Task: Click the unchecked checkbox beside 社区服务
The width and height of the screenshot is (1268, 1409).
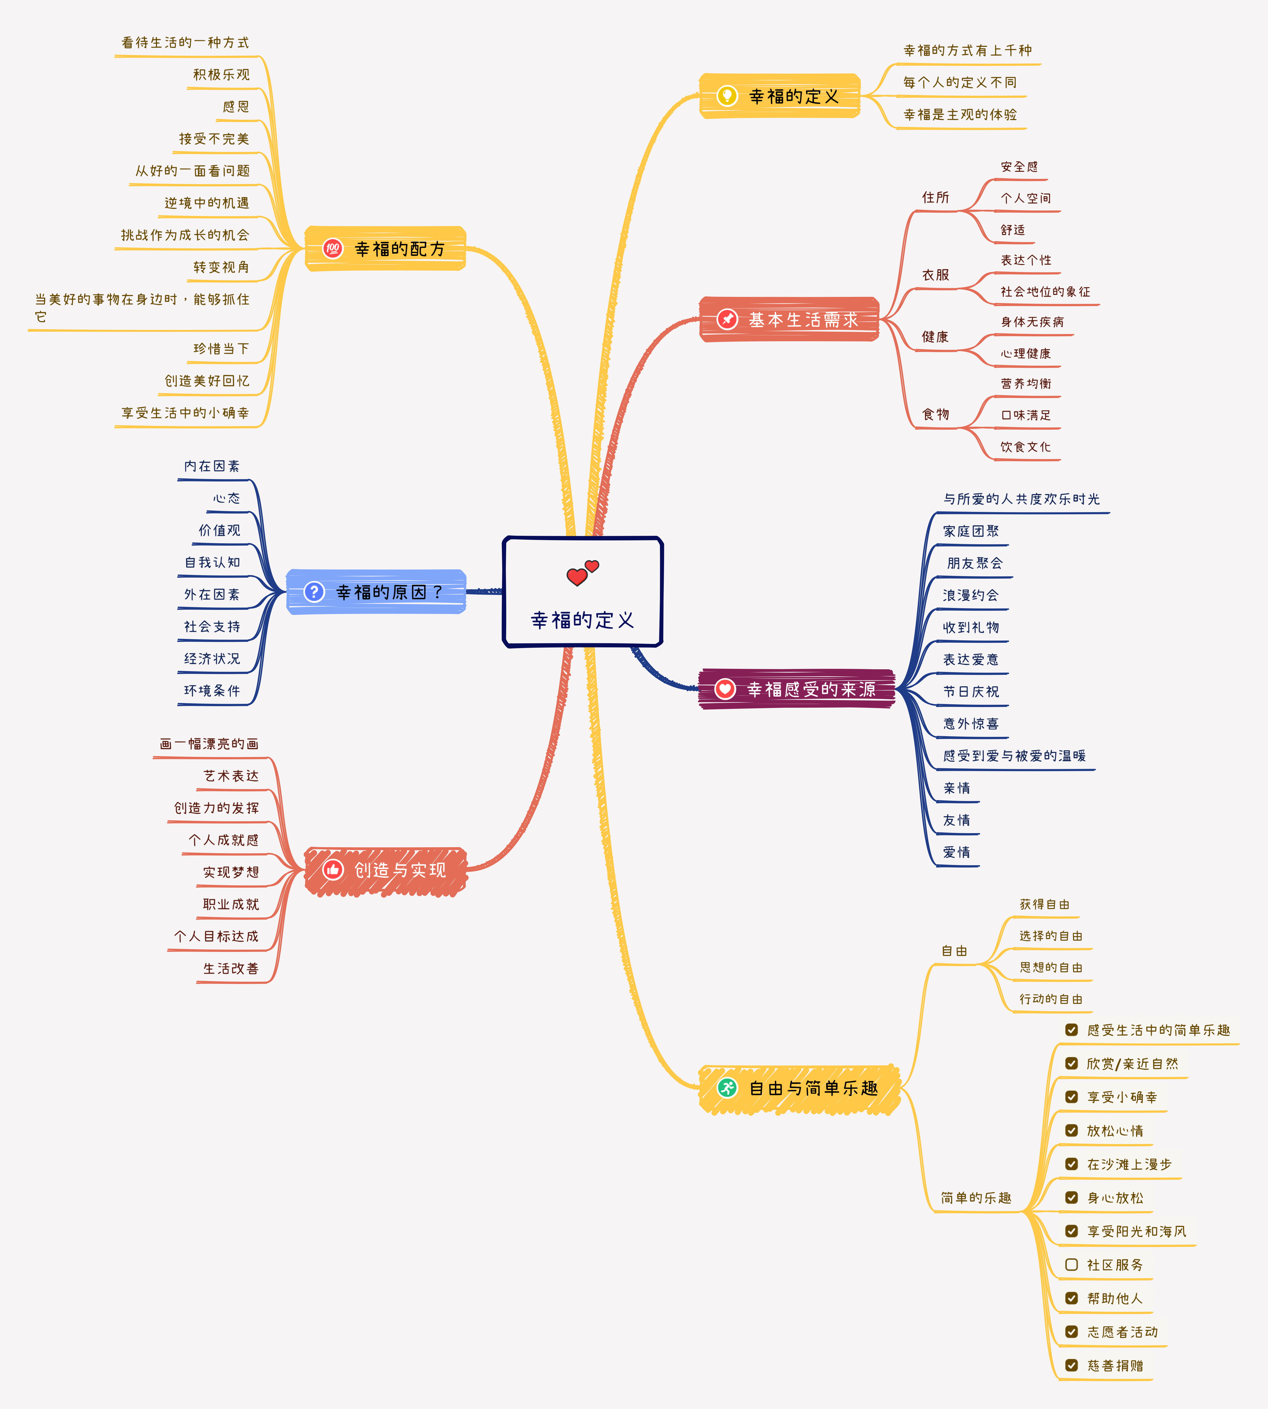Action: [x=1072, y=1264]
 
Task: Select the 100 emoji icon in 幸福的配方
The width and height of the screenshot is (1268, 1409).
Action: [x=332, y=248]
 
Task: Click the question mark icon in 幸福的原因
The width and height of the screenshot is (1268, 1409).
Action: [x=314, y=592]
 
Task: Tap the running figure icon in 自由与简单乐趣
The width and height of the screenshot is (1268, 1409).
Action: [x=727, y=1088]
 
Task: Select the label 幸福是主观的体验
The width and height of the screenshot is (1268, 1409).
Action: [x=960, y=114]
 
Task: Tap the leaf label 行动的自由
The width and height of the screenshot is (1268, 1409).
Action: [x=1051, y=998]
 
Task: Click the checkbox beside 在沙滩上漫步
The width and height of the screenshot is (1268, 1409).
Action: [x=1072, y=1164]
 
